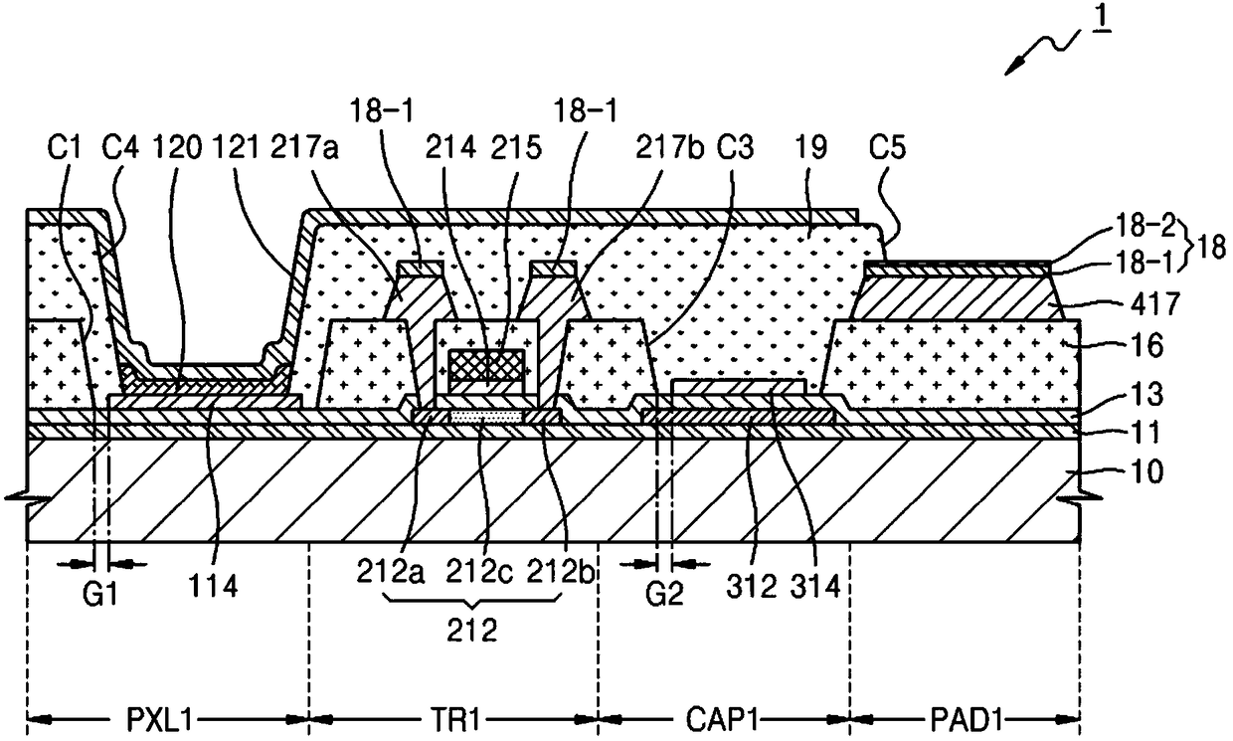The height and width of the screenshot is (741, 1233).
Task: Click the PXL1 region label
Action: pyautogui.click(x=160, y=719)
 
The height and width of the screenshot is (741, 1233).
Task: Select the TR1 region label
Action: pyautogui.click(x=455, y=719)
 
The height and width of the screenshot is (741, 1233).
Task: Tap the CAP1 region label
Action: pyautogui.click(x=723, y=719)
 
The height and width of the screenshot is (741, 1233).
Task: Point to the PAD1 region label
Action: pyautogui.click(x=967, y=719)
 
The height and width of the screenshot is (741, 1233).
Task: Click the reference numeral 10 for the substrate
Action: pyautogui.click(x=1145, y=471)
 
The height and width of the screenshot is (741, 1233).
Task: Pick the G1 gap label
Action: pyautogui.click(x=99, y=594)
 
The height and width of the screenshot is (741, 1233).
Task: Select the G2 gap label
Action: pyautogui.click(x=664, y=594)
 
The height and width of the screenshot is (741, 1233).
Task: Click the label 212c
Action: pyautogui.click(x=479, y=571)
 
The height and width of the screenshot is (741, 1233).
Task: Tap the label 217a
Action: pyautogui.click(x=304, y=147)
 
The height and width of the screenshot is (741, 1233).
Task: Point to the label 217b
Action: pyautogui.click(x=669, y=147)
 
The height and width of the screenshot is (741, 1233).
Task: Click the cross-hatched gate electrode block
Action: pyautogui.click(x=486, y=365)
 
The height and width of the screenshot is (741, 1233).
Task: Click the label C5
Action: pyautogui.click(x=888, y=147)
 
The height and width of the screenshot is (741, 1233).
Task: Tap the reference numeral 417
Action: pyautogui.click(x=1155, y=303)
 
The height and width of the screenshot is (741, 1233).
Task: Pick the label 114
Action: pyautogui.click(x=213, y=585)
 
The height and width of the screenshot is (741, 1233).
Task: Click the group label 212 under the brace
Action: pyautogui.click(x=471, y=631)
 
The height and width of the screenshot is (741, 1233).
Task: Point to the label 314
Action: pyautogui.click(x=815, y=586)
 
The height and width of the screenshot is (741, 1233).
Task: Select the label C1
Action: pyautogui.click(x=65, y=147)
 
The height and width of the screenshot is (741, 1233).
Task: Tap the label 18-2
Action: pyautogui.click(x=1145, y=226)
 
